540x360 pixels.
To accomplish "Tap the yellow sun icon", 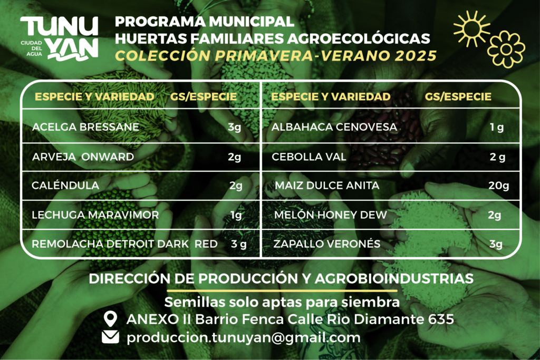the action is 471,28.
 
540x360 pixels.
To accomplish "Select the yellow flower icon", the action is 506,49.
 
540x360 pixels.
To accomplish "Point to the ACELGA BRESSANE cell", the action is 85,127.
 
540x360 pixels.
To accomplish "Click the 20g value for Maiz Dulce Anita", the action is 499,186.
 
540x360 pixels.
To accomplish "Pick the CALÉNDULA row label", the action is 65,185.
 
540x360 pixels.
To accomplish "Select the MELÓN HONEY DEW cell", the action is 330,215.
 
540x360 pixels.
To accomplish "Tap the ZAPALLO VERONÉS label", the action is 327,244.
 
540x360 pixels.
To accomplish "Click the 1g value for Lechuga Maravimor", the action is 236,215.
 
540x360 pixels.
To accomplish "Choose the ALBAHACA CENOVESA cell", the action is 334,127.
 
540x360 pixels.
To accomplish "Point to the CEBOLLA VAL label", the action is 308,157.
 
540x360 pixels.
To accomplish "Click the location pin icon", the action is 110,319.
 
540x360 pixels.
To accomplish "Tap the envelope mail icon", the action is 111,337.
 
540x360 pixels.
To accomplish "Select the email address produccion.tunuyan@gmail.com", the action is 244,338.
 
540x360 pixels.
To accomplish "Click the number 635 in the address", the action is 441,319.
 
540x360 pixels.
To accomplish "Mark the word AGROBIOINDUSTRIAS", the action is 394,278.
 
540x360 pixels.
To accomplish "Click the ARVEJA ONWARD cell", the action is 83,157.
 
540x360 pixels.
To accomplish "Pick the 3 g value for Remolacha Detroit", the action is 239,244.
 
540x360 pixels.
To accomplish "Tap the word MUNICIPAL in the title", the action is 252,22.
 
